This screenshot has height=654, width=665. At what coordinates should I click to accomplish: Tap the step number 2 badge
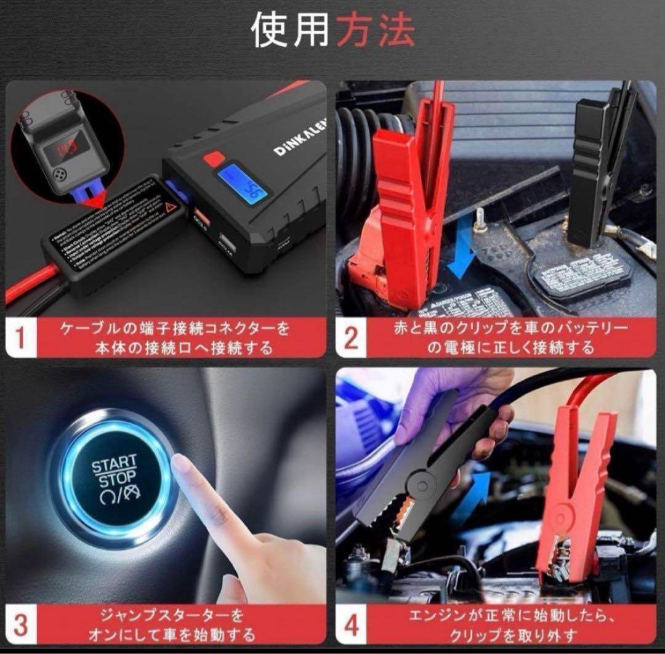(350, 338)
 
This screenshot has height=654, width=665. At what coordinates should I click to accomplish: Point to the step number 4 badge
(351, 624)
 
